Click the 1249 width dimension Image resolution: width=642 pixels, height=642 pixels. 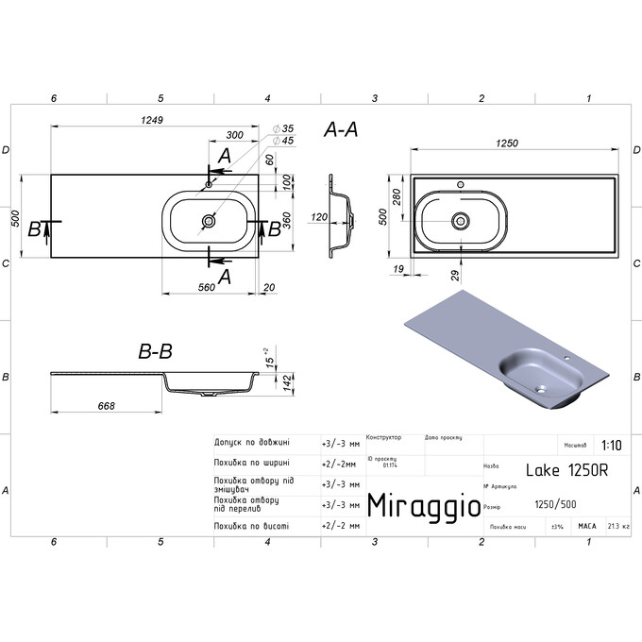coord(153,121)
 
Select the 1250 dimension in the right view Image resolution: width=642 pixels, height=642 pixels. coord(508,143)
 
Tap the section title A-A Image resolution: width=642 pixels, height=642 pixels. coord(341,130)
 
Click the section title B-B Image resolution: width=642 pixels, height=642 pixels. coord(155,352)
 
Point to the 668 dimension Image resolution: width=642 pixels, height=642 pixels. coord(107,406)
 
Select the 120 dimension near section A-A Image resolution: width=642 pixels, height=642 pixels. coord(318,217)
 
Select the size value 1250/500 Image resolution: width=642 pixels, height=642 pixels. coord(556,504)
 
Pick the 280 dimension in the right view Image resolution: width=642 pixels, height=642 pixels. coord(397,196)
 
